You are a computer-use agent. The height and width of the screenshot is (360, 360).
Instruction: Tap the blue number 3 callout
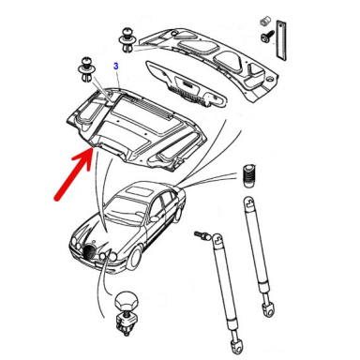point(115,67)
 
